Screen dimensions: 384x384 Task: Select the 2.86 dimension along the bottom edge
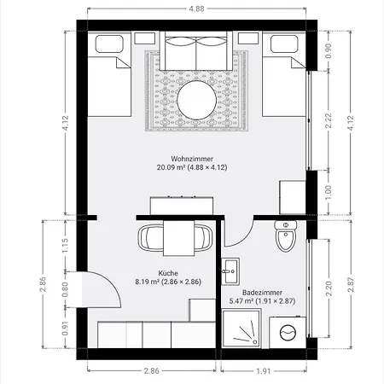point(151,371)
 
